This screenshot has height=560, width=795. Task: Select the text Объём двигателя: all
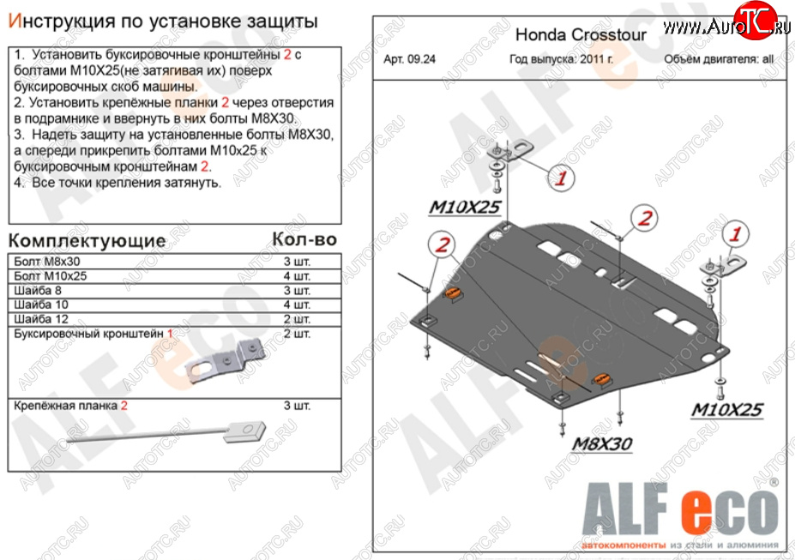click(x=719, y=60)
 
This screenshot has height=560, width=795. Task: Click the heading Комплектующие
click(x=87, y=239)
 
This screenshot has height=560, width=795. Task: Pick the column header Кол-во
click(x=304, y=239)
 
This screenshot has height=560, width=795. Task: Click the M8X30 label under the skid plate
click(x=601, y=443)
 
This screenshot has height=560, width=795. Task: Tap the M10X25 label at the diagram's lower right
click(x=726, y=410)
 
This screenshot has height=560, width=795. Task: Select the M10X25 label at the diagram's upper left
click(x=465, y=207)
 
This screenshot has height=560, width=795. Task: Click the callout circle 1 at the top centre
click(x=561, y=178)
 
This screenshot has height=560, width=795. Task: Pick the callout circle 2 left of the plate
click(x=443, y=246)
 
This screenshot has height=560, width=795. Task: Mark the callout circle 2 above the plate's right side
click(x=644, y=218)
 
